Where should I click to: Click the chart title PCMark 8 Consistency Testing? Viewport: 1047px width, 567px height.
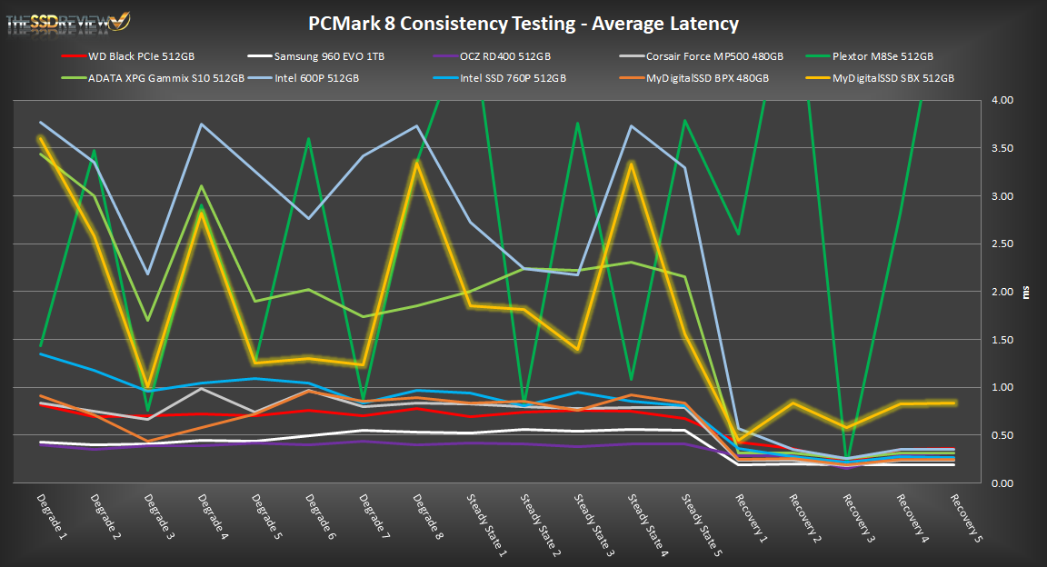[523, 24]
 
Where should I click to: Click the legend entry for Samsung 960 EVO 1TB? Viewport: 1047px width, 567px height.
[328, 56]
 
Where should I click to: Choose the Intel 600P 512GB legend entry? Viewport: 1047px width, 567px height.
[317, 78]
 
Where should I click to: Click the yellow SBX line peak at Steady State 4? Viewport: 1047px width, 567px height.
[632, 164]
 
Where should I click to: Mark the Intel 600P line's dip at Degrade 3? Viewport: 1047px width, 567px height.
[148, 274]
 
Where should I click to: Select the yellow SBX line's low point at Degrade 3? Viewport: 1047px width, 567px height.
[148, 386]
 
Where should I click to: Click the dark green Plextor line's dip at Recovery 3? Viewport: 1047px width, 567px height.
[846, 459]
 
